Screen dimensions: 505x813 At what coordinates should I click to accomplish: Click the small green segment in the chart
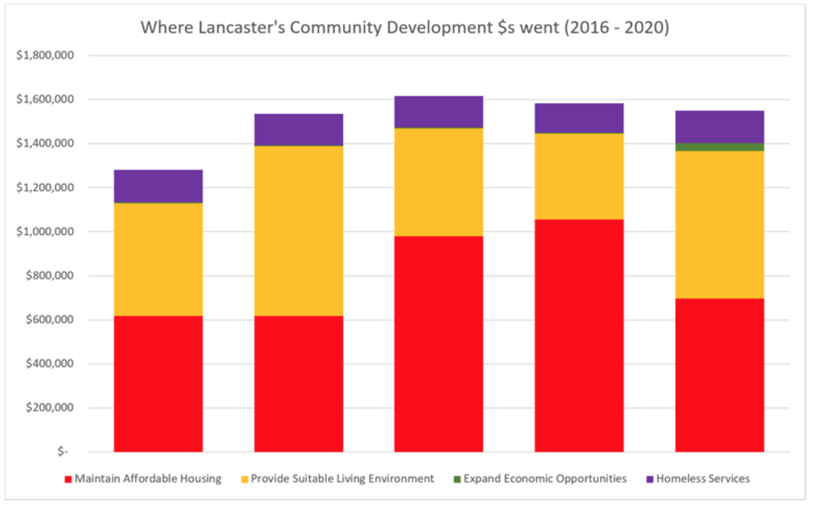coord(719,147)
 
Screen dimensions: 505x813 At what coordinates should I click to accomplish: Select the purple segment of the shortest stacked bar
coord(158,187)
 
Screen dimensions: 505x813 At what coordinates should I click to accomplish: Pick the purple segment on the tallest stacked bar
coord(438,112)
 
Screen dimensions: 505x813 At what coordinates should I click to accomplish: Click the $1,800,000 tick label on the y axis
coord(41,56)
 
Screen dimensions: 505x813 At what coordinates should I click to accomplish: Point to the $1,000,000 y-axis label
coord(41,232)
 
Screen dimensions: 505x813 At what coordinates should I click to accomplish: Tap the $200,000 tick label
coord(46,408)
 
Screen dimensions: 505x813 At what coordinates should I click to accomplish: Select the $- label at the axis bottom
coord(63,452)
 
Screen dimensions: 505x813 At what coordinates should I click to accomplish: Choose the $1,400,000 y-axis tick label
coord(41,144)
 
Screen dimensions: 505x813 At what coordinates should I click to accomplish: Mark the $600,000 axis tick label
coord(46,320)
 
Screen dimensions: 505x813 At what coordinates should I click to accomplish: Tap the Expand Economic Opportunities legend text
coord(545,479)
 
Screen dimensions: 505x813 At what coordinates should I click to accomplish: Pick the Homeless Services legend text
coord(703,479)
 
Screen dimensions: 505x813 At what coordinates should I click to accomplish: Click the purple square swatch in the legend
coord(649,479)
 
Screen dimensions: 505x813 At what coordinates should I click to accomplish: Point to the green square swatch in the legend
coord(456,479)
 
